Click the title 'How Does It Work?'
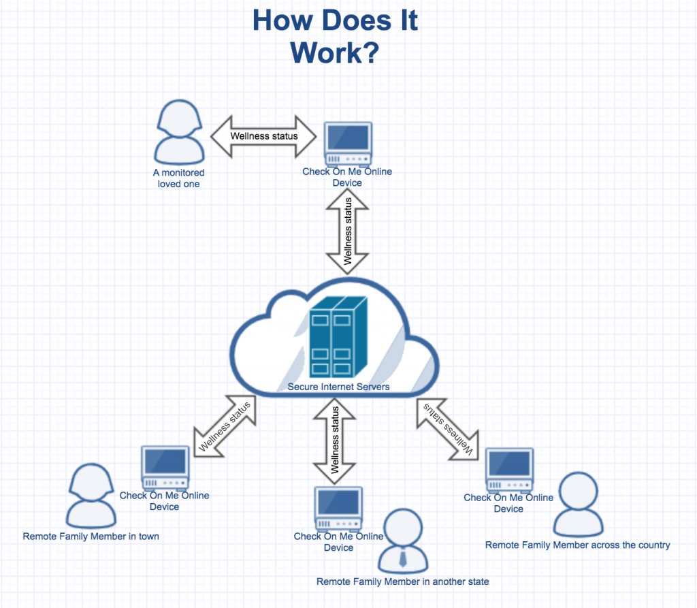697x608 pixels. [x=334, y=36]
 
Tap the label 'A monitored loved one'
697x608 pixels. [x=178, y=178]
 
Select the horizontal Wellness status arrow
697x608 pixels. [x=264, y=135]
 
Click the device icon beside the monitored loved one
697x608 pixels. [x=347, y=144]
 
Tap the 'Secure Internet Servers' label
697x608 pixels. [x=338, y=387]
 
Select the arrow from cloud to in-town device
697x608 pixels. [x=225, y=426]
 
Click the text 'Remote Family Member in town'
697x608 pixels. [x=91, y=537]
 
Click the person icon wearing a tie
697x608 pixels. [x=403, y=541]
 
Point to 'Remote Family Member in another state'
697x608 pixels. [x=403, y=581]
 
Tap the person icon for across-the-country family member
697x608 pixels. [x=578, y=505]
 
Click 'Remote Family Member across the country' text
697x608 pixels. [x=578, y=545]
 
